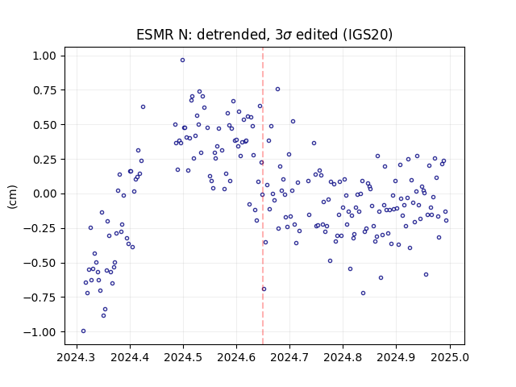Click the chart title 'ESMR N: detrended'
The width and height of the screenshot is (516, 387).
point(201,35)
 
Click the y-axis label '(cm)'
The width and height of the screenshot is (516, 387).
point(12,197)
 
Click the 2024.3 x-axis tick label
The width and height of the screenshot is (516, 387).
point(77,357)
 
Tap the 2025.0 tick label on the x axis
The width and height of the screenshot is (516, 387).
point(450,357)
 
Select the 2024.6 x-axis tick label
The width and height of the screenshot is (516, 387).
point(236,357)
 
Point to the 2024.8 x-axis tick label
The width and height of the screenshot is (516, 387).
point(343,357)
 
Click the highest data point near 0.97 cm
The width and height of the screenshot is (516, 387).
point(183,60)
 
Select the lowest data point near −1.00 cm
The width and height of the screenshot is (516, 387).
point(84,331)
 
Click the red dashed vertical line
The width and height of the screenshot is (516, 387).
point(263,196)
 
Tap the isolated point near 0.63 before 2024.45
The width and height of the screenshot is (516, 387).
point(144,107)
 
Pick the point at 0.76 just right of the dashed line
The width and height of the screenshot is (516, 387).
point(277,89)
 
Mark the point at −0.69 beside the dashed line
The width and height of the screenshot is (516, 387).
point(264,289)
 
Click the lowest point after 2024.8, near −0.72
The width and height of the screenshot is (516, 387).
point(364,293)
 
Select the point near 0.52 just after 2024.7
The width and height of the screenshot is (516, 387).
point(293,122)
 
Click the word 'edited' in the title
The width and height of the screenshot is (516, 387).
point(317,35)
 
